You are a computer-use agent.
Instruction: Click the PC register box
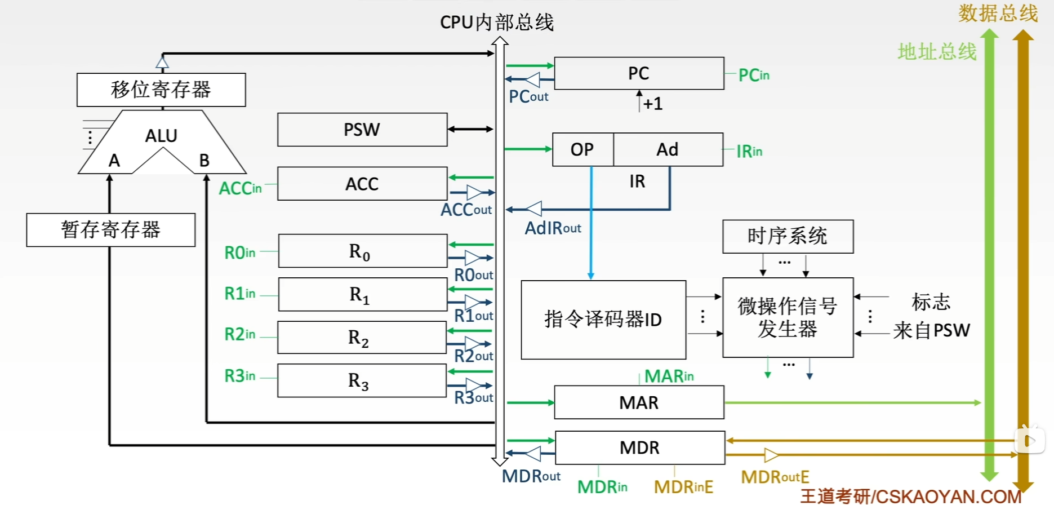639,73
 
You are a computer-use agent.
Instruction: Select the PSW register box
362,130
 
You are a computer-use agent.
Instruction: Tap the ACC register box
362,184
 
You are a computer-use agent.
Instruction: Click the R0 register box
362,251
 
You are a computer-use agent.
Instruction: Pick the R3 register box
362,381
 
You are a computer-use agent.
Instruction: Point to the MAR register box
639,402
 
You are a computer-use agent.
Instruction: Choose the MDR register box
639,448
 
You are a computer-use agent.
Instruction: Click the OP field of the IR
582,149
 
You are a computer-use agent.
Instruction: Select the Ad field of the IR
668,149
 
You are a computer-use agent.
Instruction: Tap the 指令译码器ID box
603,320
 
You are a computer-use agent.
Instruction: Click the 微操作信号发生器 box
788,317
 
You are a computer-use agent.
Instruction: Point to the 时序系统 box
788,236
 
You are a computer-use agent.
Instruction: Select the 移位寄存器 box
161,90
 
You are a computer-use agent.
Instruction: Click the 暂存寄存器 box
111,230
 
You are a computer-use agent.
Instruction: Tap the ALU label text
161,136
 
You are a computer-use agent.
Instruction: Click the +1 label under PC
653,104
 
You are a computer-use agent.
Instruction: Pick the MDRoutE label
775,477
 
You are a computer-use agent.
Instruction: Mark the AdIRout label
553,228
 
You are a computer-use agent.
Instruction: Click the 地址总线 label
937,52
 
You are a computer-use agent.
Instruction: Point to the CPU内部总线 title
497,23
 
